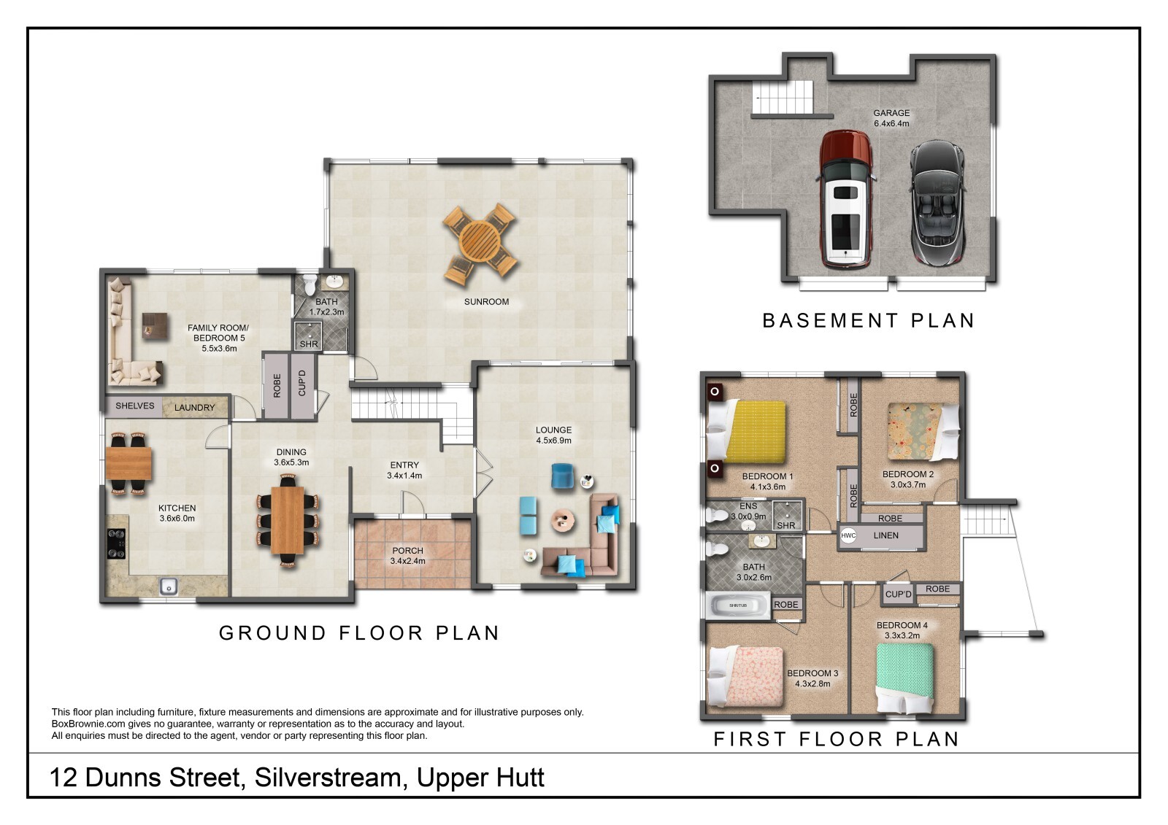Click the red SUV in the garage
pos(845,198)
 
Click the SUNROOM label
pos(486,302)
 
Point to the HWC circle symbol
pos(848,535)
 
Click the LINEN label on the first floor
pos(886,535)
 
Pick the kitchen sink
pos(169,586)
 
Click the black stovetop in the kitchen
pos(116,544)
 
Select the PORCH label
pos(408,550)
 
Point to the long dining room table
pos(288,520)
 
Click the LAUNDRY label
pos(194,408)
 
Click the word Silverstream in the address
pos(328,778)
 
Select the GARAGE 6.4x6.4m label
pos(891,118)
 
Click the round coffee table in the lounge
pos(563,519)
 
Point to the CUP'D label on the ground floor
pos(302,384)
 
